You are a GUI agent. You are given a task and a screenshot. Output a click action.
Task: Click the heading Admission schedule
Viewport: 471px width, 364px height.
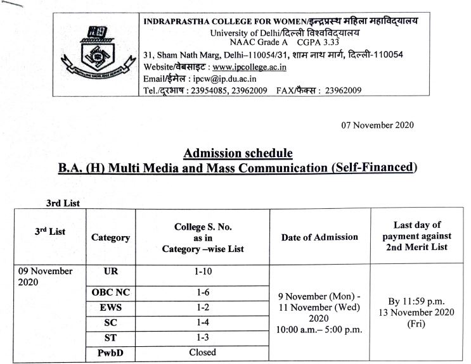pyautogui.click(x=238, y=153)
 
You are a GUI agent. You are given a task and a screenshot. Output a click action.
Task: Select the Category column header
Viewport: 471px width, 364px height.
pyautogui.click(x=110, y=237)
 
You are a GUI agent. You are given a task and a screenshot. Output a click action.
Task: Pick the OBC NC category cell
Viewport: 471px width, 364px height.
pyautogui.click(x=110, y=293)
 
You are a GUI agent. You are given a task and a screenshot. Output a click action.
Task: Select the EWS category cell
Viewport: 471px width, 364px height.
pyautogui.click(x=110, y=308)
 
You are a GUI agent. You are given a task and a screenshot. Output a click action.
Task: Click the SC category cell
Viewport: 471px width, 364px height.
pyautogui.click(x=110, y=323)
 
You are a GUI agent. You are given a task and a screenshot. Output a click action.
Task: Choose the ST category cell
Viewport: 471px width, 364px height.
pyautogui.click(x=110, y=337)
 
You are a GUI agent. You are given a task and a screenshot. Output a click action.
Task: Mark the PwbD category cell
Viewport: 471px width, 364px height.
pyautogui.click(x=110, y=352)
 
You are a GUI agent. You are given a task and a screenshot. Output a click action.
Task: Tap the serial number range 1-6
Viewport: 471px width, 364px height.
pyautogui.click(x=202, y=293)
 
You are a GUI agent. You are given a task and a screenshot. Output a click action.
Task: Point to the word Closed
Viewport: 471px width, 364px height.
pyautogui.click(x=202, y=352)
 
